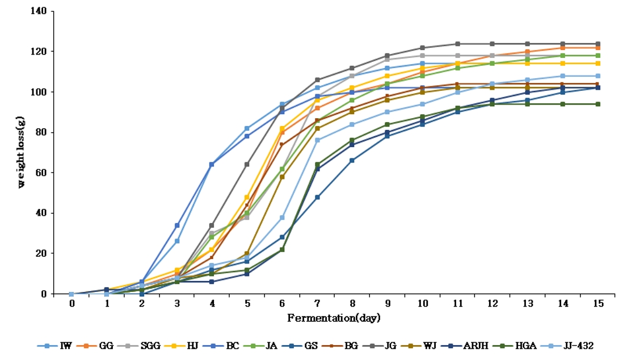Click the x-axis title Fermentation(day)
pyautogui.click(x=334, y=318)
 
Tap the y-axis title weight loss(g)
pyautogui.click(x=22, y=152)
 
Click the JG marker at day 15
pyautogui.click(x=597, y=44)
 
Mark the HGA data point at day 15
pyautogui.click(x=597, y=104)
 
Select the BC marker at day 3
pyautogui.click(x=177, y=225)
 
